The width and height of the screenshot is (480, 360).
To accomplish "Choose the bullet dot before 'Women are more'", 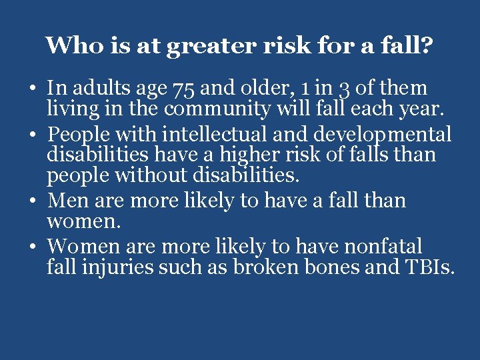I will (x=33, y=247).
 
